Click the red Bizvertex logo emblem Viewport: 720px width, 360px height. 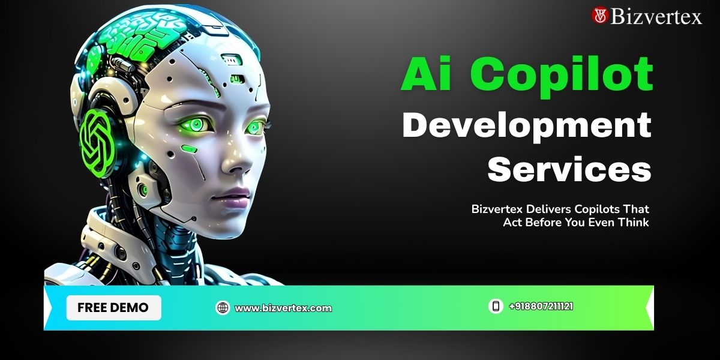point(600,16)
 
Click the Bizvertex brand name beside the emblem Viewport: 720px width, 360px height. point(656,16)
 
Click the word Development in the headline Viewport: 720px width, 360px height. point(527,127)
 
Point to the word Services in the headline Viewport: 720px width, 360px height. point(569,169)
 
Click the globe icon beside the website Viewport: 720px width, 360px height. point(223,308)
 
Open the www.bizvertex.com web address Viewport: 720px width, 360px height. point(283,308)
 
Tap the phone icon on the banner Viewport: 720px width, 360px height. point(496,305)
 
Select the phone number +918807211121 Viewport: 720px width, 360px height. point(541,307)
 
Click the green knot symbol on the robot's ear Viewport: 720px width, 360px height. point(97,143)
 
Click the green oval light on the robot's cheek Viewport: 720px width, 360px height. point(190,149)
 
